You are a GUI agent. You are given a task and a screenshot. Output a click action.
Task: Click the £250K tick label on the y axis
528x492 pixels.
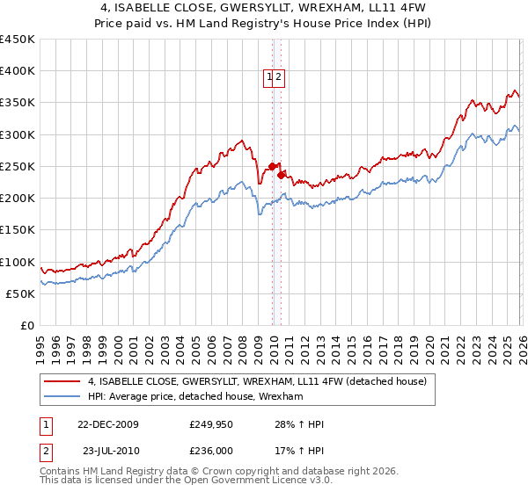click(x=18, y=166)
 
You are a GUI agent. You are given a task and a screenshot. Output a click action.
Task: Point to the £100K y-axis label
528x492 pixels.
click(x=18, y=262)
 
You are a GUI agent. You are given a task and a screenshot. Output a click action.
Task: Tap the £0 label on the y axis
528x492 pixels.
click(x=26, y=325)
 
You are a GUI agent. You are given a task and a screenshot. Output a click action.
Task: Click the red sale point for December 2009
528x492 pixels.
click(x=273, y=166)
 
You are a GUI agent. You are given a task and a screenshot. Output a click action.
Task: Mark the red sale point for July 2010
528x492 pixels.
click(x=282, y=175)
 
